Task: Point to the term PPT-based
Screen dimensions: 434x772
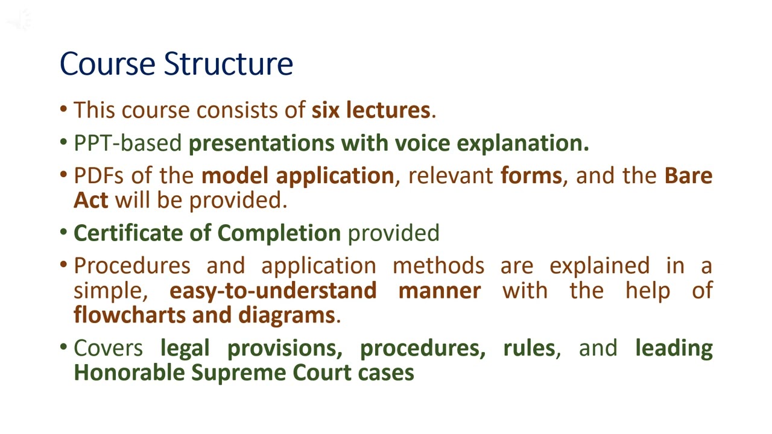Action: point(127,143)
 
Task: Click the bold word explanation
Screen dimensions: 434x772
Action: point(522,143)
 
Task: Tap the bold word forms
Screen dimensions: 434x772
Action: point(531,175)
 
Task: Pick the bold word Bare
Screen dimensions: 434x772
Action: point(688,175)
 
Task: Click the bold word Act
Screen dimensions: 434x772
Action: point(90,200)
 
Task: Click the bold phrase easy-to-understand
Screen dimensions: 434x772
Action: point(273,291)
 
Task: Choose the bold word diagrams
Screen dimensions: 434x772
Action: point(286,315)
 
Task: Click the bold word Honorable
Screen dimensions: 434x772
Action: point(129,373)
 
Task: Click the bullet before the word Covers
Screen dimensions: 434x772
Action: point(64,348)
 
